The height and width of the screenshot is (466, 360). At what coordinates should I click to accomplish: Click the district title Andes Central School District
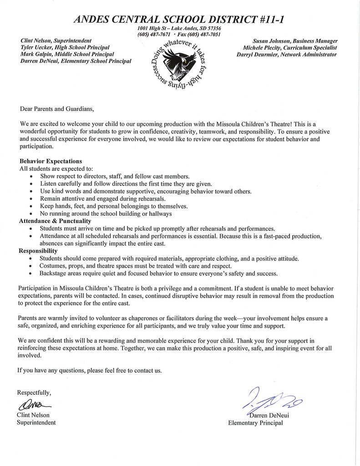click(180, 20)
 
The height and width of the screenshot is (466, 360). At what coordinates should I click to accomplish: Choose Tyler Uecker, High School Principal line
click(65, 47)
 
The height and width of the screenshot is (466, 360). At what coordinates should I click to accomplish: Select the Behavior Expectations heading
click(51, 161)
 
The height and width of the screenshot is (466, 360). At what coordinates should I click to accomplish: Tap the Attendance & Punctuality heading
click(55, 221)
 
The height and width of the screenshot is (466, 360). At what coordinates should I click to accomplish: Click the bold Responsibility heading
click(38, 251)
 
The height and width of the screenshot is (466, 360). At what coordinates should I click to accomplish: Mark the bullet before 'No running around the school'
click(30, 214)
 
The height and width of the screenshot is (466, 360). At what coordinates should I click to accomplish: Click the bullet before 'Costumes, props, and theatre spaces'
click(30, 266)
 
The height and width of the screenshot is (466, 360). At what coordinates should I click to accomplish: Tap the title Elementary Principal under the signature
click(255, 423)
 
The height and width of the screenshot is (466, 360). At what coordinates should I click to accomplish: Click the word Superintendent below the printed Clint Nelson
click(36, 423)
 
